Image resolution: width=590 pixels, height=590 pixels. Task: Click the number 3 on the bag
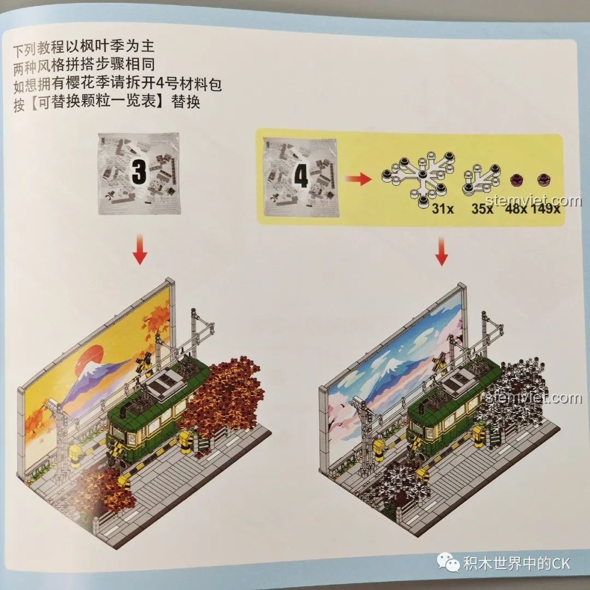(x=139, y=173)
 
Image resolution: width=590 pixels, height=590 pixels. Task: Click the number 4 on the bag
(x=300, y=175)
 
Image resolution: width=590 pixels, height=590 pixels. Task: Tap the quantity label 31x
(x=439, y=209)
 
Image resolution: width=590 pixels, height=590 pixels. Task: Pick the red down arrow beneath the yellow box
(x=442, y=252)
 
